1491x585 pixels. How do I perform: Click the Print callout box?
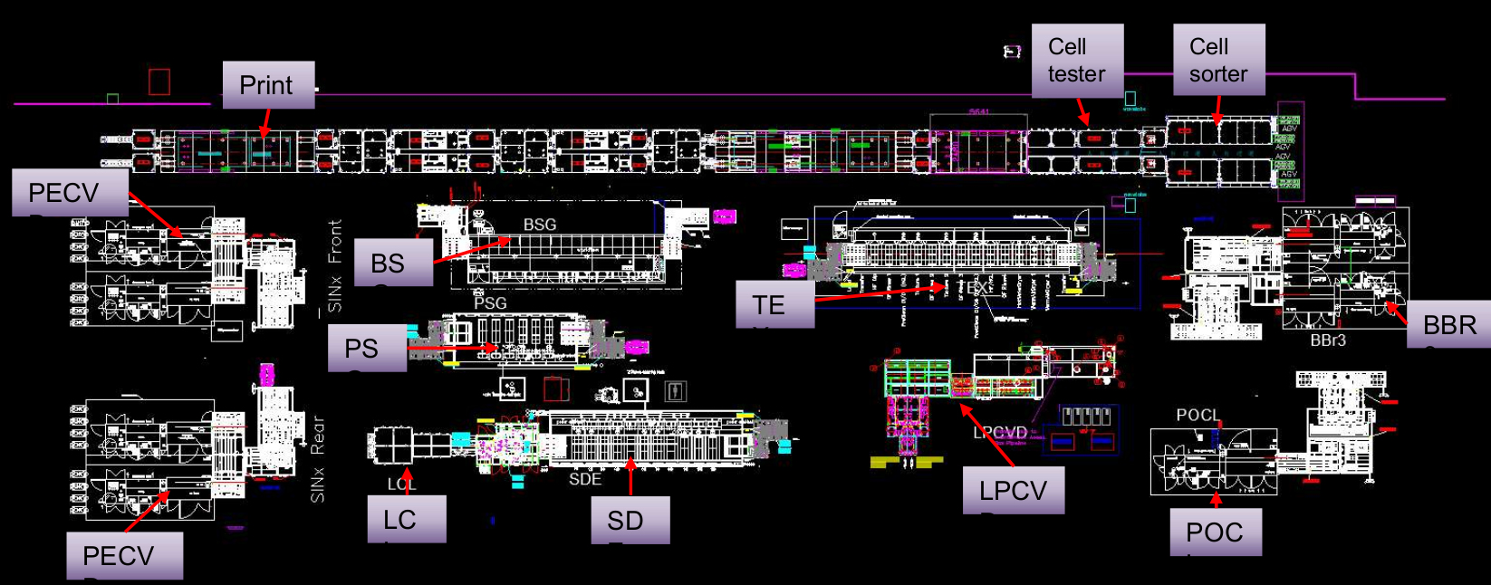tap(268, 85)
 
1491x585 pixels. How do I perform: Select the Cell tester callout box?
tap(1077, 61)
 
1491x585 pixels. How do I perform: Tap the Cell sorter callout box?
tap(1218, 61)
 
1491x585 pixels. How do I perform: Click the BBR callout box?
tap(1448, 324)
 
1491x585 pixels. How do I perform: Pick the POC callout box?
tap(1215, 532)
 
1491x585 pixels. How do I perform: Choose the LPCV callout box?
tap(1013, 491)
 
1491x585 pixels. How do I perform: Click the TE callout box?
tap(774, 304)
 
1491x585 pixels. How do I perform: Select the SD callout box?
tap(630, 520)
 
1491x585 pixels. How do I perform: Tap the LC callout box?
tap(406, 519)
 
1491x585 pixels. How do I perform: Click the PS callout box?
tap(367, 349)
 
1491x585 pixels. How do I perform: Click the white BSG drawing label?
tap(540, 225)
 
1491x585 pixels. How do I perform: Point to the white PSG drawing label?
tap(490, 303)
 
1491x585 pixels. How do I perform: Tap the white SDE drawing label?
tap(585, 479)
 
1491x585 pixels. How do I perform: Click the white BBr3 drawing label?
tap(1328, 340)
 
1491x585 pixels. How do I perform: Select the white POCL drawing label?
tap(1198, 415)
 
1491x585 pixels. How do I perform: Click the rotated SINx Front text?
tap(335, 265)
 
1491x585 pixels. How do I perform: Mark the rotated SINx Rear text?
tap(317, 459)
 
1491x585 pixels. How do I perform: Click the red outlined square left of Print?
tap(159, 82)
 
